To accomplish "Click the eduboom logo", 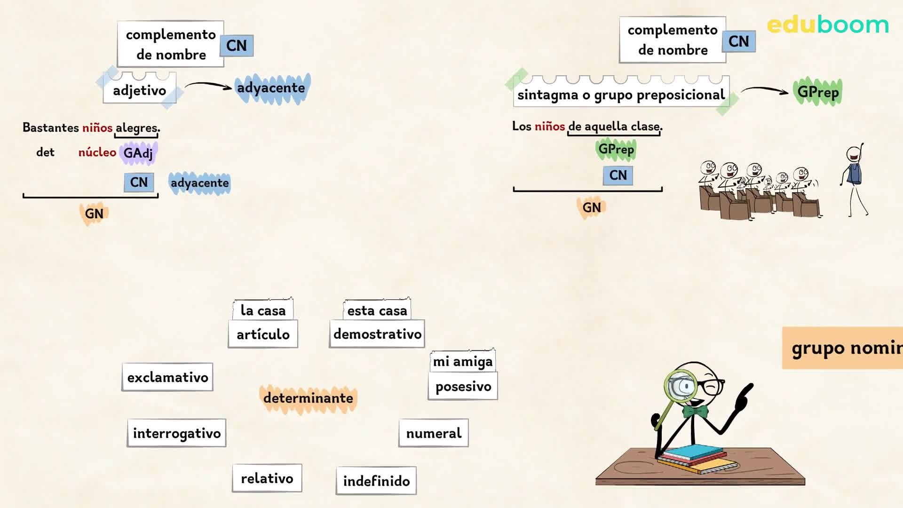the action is point(828,24).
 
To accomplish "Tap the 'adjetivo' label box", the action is point(140,88).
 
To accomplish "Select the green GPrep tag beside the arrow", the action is point(818,92).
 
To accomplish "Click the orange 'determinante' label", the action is point(308,398).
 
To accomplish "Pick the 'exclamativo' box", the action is point(167,377).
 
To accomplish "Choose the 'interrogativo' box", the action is point(177,433).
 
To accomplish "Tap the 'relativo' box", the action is point(267,478).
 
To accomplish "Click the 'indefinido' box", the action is point(376,481).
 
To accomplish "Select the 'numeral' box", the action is point(434,433).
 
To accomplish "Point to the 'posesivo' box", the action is point(463,386).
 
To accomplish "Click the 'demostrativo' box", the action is point(377,334).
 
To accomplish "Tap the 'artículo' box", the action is point(263,334).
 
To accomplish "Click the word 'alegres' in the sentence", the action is point(136,127).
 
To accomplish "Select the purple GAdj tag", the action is point(138,153).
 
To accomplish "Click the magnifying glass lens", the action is point(681,387).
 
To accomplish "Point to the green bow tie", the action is point(696,412).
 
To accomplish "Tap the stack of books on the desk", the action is point(697,459).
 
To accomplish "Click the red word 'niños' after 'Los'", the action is point(550,126).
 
